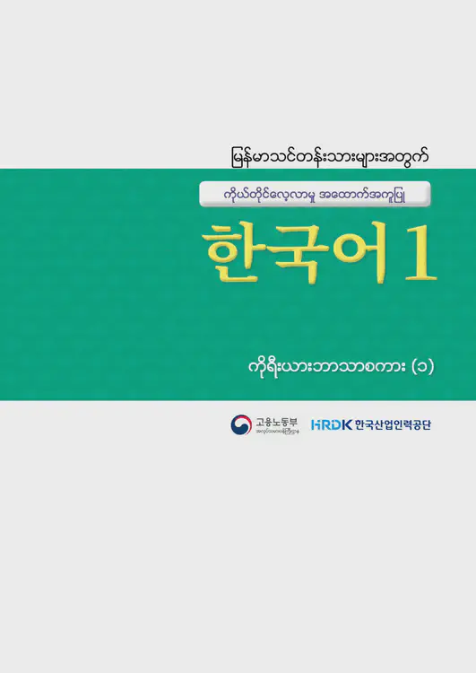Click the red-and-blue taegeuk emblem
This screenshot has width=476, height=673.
[240, 424]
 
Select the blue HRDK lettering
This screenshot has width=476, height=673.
[330, 425]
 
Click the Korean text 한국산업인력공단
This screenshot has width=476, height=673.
[392, 425]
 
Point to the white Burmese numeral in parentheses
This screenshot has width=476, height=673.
[421, 367]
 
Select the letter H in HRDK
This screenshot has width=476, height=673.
[316, 425]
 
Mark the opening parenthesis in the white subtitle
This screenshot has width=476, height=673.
[411, 367]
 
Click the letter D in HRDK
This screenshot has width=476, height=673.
[335, 425]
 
